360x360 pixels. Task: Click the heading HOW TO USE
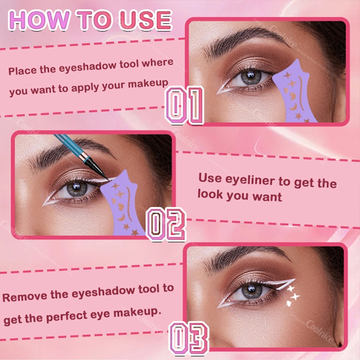pyautogui.click(x=90, y=21)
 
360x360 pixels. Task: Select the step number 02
pyautogui.click(x=166, y=224)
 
